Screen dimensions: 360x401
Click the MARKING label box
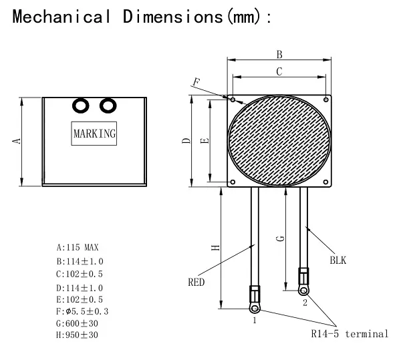click(94, 134)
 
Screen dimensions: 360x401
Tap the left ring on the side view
click(82, 106)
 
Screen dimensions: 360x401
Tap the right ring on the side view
click(107, 106)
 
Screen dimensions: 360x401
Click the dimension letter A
click(18, 140)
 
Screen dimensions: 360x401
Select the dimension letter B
click(279, 54)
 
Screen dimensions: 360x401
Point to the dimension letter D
click(187, 140)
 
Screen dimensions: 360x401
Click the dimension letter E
click(205, 140)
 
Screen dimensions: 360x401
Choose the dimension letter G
click(281, 238)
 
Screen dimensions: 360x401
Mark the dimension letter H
click(215, 248)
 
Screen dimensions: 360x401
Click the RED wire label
click(196, 282)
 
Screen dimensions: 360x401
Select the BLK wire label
click(338, 259)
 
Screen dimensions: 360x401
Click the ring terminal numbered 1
click(254, 308)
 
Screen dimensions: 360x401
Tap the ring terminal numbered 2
click(304, 290)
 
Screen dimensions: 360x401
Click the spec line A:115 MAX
click(78, 248)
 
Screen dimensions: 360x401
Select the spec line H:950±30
click(78, 335)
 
